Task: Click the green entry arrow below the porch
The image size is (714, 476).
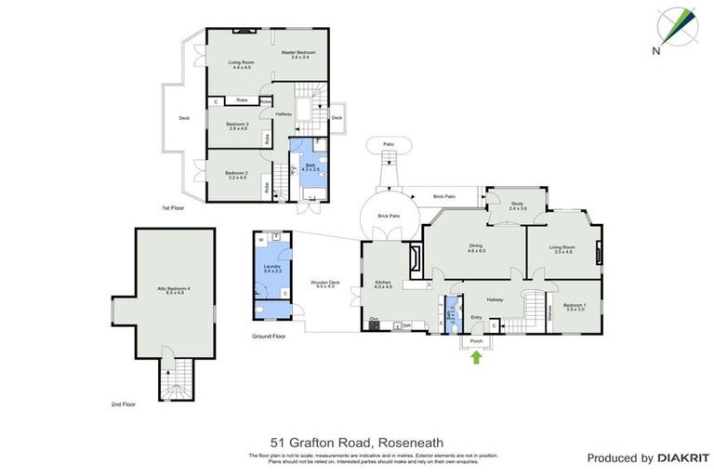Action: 477,357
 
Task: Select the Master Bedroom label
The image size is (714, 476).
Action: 304,55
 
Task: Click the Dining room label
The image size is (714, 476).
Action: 477,247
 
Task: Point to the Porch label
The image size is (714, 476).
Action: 477,341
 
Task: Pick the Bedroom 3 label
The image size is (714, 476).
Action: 237,126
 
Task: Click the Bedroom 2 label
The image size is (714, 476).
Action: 235,174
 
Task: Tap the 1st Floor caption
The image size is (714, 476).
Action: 173,208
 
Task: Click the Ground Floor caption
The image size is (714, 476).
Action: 270,336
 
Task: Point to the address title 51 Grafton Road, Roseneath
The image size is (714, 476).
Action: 357,442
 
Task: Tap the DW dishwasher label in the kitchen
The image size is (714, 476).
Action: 407,325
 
